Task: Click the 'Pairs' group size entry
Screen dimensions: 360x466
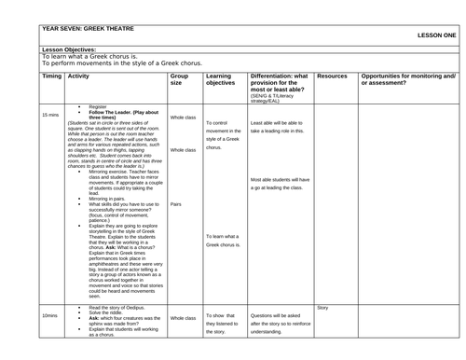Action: pyautogui.click(x=176, y=204)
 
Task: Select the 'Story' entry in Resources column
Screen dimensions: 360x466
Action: pyautogui.click(x=322, y=307)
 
